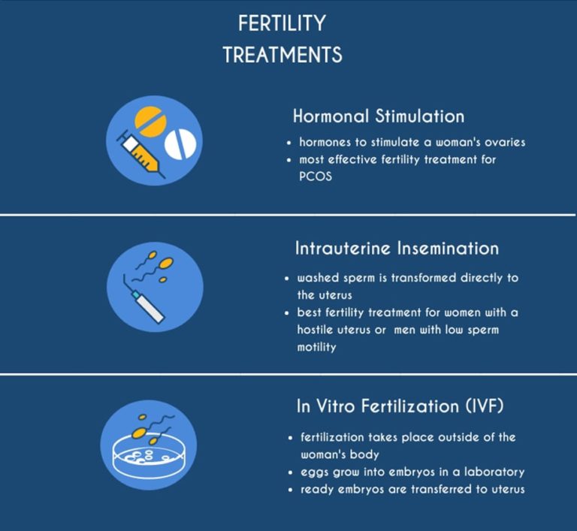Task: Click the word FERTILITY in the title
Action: click(282, 23)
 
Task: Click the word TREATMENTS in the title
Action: click(282, 55)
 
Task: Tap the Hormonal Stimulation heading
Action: click(378, 116)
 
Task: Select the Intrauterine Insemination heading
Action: click(395, 248)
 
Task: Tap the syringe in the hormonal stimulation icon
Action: click(141, 153)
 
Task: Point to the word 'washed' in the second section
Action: click(317, 278)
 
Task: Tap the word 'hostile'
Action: click(318, 330)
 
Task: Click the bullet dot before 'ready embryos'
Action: click(290, 490)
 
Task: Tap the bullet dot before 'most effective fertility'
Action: click(289, 160)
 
